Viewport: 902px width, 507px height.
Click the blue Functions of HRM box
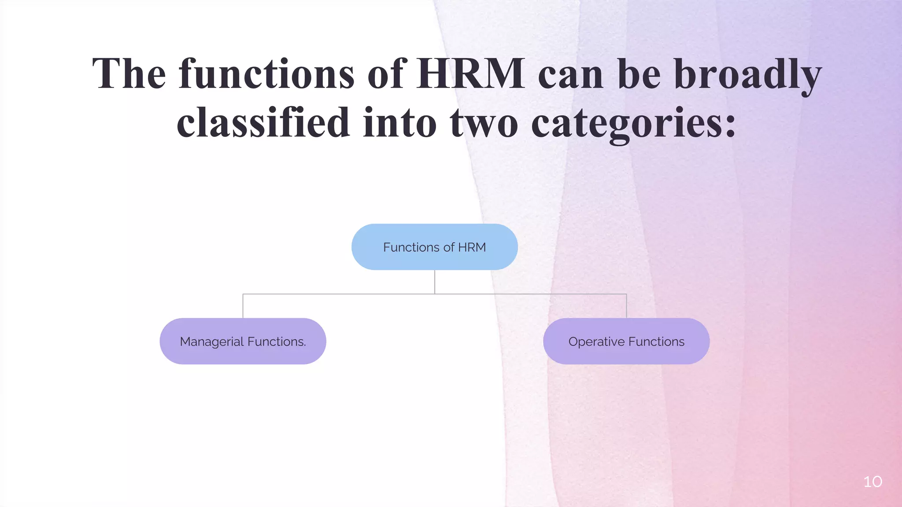click(x=434, y=247)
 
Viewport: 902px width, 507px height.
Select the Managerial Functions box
click(x=243, y=341)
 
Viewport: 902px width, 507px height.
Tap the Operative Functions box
click(x=626, y=341)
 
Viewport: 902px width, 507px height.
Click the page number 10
click(x=872, y=481)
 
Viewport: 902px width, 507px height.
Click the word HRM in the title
click(x=470, y=73)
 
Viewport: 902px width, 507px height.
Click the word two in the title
click(x=484, y=123)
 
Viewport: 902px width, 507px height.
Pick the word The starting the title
click(x=129, y=73)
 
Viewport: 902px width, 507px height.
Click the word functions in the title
click(x=266, y=73)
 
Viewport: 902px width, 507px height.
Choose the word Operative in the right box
click(x=596, y=342)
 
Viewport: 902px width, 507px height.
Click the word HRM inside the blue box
click(x=472, y=247)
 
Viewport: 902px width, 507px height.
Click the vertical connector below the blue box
click(x=435, y=282)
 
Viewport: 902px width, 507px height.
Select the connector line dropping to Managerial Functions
click(x=243, y=306)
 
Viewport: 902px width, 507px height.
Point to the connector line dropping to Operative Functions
click(x=626, y=306)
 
